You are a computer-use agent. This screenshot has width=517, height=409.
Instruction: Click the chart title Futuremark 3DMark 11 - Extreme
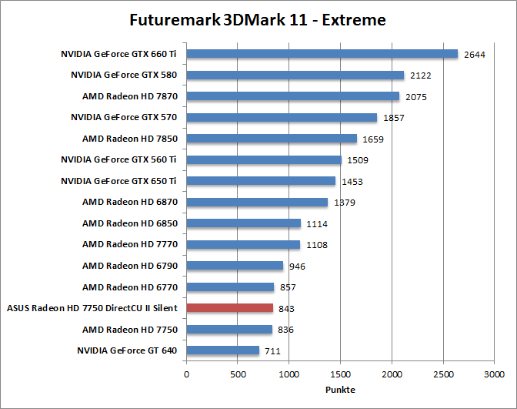258,18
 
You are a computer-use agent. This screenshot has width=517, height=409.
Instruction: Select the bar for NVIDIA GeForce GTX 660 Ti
322,54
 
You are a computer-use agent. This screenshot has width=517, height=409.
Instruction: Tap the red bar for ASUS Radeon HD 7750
229,308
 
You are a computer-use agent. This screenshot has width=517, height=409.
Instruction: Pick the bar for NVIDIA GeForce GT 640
222,350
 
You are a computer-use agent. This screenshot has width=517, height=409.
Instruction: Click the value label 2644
473,55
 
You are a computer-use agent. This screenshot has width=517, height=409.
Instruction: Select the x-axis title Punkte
340,390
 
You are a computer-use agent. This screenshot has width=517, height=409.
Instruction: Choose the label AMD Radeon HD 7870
130,96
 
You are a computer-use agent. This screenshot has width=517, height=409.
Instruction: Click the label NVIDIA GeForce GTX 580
125,75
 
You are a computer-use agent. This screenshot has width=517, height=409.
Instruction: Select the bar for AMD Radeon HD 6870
257,202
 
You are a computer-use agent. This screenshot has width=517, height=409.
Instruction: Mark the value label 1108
315,245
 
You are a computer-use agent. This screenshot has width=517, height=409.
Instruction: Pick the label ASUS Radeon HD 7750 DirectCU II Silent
92,308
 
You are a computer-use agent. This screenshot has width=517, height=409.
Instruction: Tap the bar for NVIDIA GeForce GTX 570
282,117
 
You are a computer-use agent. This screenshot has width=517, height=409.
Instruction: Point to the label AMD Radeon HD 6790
130,266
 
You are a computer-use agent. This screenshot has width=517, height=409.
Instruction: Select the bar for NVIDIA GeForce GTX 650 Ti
261,181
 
